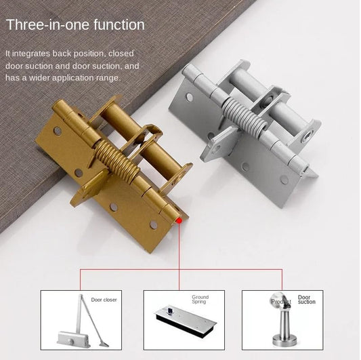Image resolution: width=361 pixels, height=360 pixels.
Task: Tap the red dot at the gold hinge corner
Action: coord(179,221)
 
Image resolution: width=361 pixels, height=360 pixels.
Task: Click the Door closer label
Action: coord(104,300)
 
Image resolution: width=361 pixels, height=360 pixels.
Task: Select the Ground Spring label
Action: coord(200,300)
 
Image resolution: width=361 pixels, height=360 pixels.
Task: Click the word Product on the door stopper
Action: coord(280,302)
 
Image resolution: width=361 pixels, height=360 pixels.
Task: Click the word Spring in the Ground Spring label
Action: coord(200,302)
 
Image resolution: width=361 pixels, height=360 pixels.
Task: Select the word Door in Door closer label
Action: coord(96,300)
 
